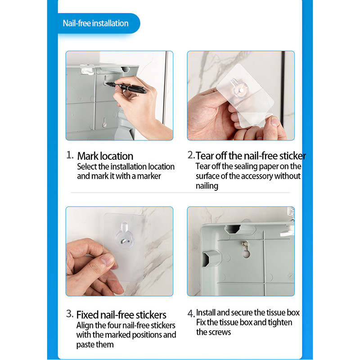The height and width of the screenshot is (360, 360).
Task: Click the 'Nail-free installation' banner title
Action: [95, 23]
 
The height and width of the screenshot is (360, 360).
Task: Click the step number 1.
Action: [70, 155]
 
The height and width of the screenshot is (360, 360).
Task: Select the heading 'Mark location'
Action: [105, 156]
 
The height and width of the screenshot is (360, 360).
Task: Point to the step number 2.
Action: [191, 155]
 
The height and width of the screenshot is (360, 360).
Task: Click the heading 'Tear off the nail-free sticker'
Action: [251, 156]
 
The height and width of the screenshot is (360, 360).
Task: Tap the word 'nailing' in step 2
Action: [207, 186]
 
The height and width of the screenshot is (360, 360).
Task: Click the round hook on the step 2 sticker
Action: [240, 89]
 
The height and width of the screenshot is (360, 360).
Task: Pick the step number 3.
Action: [70, 314]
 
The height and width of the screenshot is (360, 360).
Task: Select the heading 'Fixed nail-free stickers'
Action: [121, 315]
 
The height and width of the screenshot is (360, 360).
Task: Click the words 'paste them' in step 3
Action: [95, 344]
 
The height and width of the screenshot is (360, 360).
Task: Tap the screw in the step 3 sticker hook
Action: [123, 241]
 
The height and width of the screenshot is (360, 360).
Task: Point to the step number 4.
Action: [191, 314]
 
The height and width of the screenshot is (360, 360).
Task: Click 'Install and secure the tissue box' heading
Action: [248, 312]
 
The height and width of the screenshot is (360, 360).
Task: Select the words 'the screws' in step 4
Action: [213, 332]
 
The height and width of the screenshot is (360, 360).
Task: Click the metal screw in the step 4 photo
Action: [245, 243]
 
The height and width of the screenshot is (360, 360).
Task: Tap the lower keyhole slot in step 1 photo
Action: [104, 122]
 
